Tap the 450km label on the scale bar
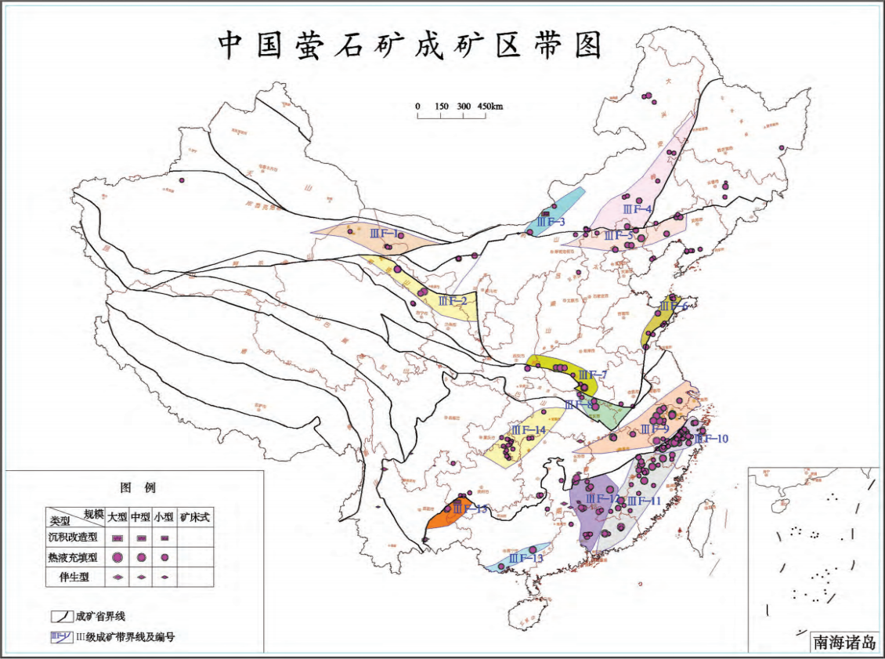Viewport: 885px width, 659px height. coord(489,107)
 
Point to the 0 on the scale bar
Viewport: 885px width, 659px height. coord(418,107)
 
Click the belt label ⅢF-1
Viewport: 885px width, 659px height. coord(383,233)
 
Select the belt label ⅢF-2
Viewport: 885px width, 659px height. coord(453,300)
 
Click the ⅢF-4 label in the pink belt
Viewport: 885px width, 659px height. coord(638,209)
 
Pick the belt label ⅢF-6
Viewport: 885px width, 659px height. coord(674,306)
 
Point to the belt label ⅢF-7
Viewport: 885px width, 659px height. coord(593,375)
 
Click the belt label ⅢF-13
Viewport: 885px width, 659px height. coord(526,558)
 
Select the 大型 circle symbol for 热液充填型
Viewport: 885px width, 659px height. coord(117,557)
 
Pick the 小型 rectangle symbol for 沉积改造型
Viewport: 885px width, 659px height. coord(164,538)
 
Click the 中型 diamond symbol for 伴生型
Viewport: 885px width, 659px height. coord(141,576)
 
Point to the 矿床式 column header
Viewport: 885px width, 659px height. coord(195,518)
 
